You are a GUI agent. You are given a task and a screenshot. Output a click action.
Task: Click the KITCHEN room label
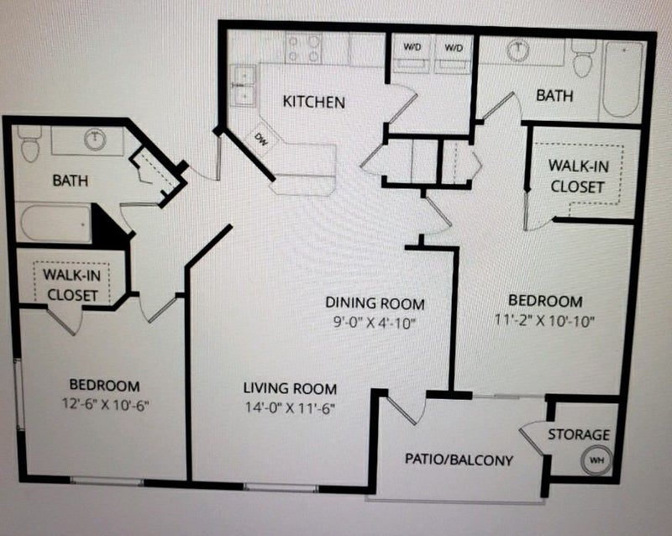(x=313, y=102)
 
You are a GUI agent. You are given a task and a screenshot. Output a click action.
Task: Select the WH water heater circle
(x=596, y=460)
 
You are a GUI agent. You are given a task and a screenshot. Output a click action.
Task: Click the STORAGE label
(x=579, y=434)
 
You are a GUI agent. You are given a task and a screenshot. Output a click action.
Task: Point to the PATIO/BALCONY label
(x=459, y=460)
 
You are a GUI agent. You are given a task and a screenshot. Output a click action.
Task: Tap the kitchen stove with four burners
(x=303, y=49)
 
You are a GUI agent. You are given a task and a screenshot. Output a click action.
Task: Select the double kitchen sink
(x=244, y=87)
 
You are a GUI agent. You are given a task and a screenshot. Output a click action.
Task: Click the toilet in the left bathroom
(x=30, y=145)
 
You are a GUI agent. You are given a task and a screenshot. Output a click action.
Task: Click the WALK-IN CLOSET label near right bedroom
(x=577, y=176)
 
